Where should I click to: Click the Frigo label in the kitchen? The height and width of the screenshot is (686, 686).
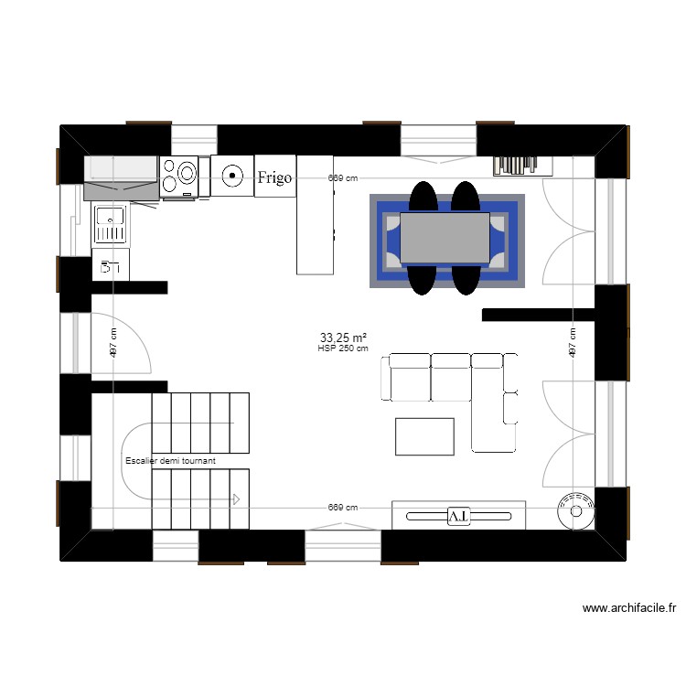point(274,177)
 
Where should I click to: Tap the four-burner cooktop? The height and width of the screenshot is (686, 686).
point(179,176)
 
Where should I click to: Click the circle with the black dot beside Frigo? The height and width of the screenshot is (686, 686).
point(232,175)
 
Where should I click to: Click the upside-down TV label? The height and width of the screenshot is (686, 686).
point(457,517)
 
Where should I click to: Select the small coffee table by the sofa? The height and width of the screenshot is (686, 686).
point(424,436)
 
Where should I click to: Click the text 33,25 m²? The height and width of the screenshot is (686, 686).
point(343,338)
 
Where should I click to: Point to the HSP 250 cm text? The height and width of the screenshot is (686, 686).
point(343,348)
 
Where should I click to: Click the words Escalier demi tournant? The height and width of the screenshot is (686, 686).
point(171,461)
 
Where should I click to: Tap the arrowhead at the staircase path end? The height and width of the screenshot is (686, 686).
point(235,499)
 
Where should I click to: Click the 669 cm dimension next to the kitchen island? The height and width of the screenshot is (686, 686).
point(343,179)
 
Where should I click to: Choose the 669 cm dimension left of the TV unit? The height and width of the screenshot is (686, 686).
point(343,508)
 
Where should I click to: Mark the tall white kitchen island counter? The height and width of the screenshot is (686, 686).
point(314,215)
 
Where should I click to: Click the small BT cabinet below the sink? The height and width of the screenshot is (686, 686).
point(111,267)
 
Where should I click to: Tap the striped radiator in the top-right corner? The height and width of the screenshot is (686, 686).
point(523,165)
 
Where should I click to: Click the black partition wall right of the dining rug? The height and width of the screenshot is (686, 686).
point(538,316)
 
